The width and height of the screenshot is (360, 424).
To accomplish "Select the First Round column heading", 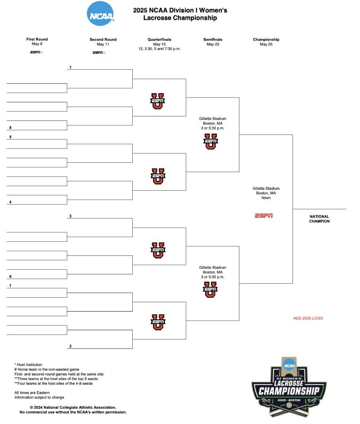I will coord(37,40).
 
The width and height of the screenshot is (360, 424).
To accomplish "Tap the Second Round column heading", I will coord(103,40).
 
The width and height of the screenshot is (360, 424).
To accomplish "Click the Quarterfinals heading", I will coord(159,40).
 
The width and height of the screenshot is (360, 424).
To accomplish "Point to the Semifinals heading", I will coord(213,40).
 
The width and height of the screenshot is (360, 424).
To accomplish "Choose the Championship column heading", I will coord(266,40).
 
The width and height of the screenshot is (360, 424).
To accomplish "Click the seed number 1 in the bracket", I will coord(71,67).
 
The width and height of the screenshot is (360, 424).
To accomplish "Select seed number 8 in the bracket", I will coord(9,128).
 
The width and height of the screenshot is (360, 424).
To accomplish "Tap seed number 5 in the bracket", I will coord(9,137).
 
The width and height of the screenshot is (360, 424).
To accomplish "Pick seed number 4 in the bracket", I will coord(9,202).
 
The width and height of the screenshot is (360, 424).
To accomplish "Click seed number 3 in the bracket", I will coord(71,216).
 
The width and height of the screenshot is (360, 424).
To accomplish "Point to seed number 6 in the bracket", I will coord(9,277).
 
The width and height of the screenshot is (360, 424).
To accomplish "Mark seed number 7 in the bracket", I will coord(9,286).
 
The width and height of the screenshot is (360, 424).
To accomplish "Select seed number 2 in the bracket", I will coord(71,346).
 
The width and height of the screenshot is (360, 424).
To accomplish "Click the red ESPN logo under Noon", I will coord(264,216).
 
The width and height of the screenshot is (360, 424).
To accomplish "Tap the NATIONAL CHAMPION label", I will coord(319,219).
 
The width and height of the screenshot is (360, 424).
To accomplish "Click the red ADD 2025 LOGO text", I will coord(308,318).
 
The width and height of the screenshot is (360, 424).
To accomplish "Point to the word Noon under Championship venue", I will coord(266,198).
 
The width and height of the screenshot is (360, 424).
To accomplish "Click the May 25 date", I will coord(266,45).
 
